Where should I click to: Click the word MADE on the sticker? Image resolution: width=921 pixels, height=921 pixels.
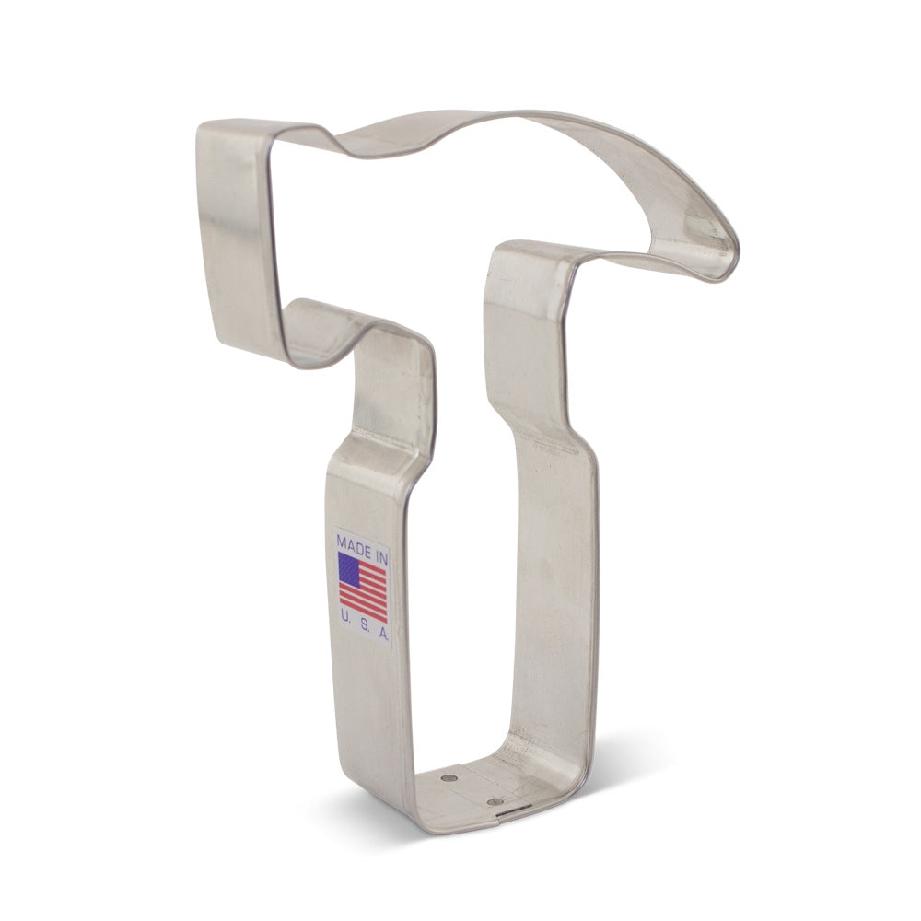(x=353, y=538)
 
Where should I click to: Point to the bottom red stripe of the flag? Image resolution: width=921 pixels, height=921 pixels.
(x=363, y=615)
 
